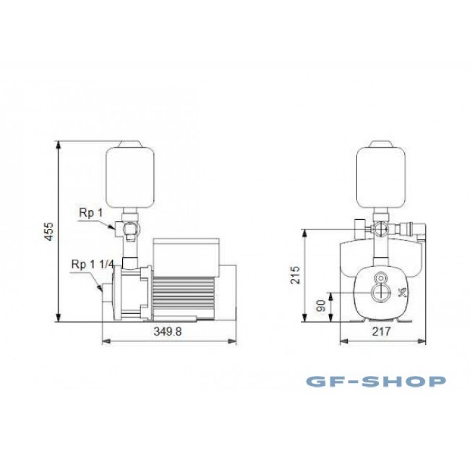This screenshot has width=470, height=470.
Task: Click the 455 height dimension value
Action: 49,231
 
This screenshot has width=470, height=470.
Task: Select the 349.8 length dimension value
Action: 167,331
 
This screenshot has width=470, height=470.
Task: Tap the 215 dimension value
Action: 296,274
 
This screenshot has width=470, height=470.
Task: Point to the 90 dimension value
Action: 321,306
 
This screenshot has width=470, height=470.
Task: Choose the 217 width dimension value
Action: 381,331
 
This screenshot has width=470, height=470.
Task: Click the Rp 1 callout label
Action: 90,213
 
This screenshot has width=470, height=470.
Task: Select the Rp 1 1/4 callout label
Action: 93,264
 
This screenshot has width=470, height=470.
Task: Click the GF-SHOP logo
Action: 376,381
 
